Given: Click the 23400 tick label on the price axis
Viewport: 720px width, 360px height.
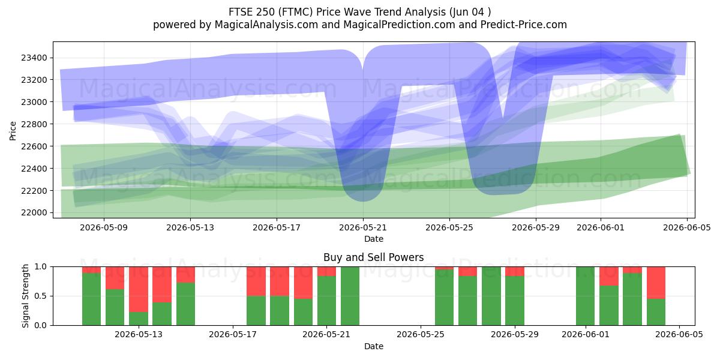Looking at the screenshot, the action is coord(34,58).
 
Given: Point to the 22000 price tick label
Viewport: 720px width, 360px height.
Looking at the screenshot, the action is coord(34,213).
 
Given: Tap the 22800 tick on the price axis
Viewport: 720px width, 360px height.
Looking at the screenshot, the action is coord(34,124).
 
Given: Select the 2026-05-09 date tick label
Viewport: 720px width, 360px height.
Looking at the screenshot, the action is coord(104,227).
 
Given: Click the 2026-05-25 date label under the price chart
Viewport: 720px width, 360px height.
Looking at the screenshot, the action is coord(449,227).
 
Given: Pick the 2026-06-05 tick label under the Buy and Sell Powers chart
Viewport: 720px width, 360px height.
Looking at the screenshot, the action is coord(679,335).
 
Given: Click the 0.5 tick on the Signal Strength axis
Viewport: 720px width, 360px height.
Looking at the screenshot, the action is coord(41,296).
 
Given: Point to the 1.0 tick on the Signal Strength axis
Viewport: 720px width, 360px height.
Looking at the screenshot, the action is coord(41,267).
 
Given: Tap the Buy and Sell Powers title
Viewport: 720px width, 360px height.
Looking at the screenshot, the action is coord(373,257).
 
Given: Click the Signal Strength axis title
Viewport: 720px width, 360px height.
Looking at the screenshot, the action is coord(25,296).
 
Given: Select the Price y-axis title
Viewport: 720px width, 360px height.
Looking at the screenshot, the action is coord(13,131).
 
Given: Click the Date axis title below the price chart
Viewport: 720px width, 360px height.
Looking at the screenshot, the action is coord(373,239).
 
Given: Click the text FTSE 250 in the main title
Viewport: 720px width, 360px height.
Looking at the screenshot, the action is coord(251,12).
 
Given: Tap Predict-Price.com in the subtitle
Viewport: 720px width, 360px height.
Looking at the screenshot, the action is coord(524,25).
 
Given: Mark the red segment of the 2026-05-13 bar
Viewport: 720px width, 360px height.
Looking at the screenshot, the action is coord(139,289).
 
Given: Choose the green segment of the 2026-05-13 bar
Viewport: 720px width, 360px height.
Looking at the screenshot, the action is coord(139,319).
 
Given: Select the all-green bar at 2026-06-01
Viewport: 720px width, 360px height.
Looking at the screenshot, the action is coord(586,296).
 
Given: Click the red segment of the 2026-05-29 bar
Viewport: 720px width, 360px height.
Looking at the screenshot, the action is coord(515,271).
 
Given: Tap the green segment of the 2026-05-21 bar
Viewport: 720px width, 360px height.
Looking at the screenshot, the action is coord(326,301).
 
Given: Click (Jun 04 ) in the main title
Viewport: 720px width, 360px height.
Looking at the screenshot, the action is coord(470,12).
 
